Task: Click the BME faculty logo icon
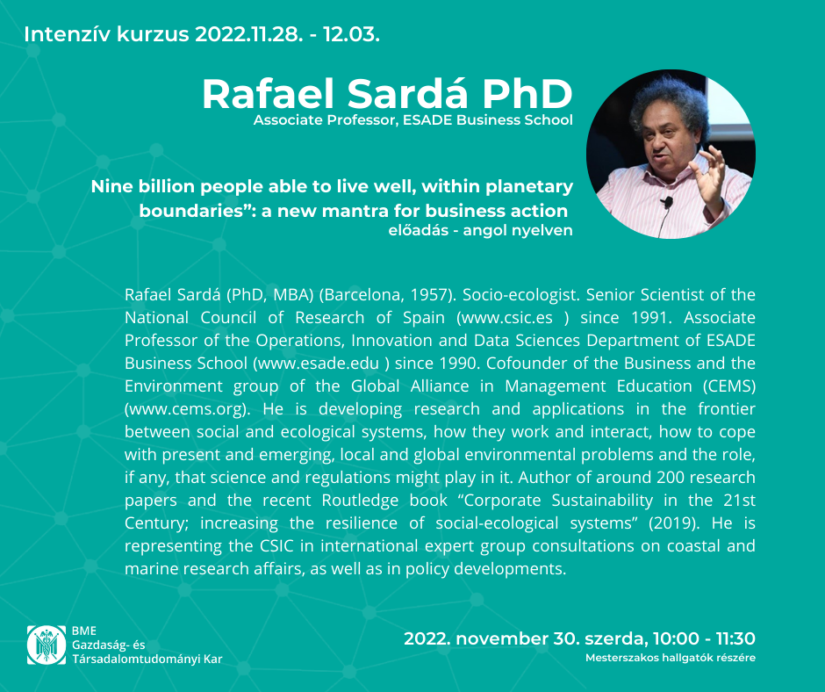(x=47, y=645)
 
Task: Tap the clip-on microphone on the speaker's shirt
(x=667, y=202)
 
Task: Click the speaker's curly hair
(x=670, y=104)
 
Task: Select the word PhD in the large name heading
(x=527, y=94)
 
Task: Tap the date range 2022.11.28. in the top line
(x=249, y=35)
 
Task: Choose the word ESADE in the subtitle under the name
(x=427, y=120)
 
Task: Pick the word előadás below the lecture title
(x=419, y=230)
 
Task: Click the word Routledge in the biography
(x=360, y=501)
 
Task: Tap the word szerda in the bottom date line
(x=614, y=638)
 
